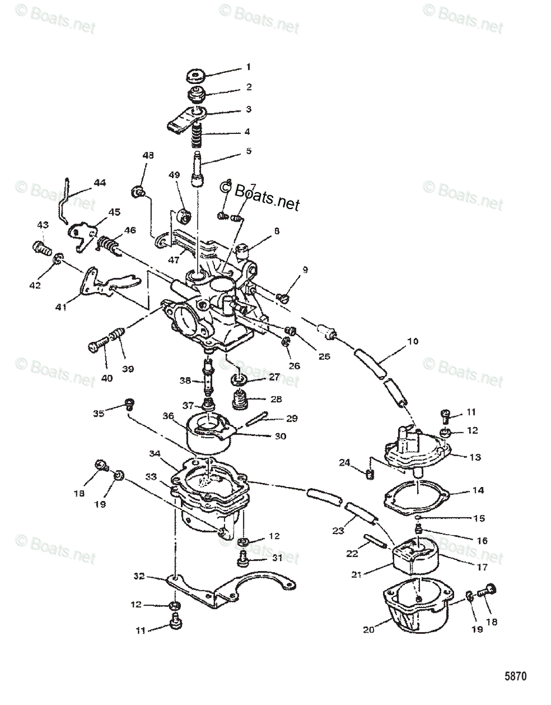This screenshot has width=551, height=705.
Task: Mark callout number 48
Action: tap(147, 156)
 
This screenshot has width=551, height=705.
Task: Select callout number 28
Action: tap(275, 399)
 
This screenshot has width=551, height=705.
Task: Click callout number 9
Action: tap(305, 270)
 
